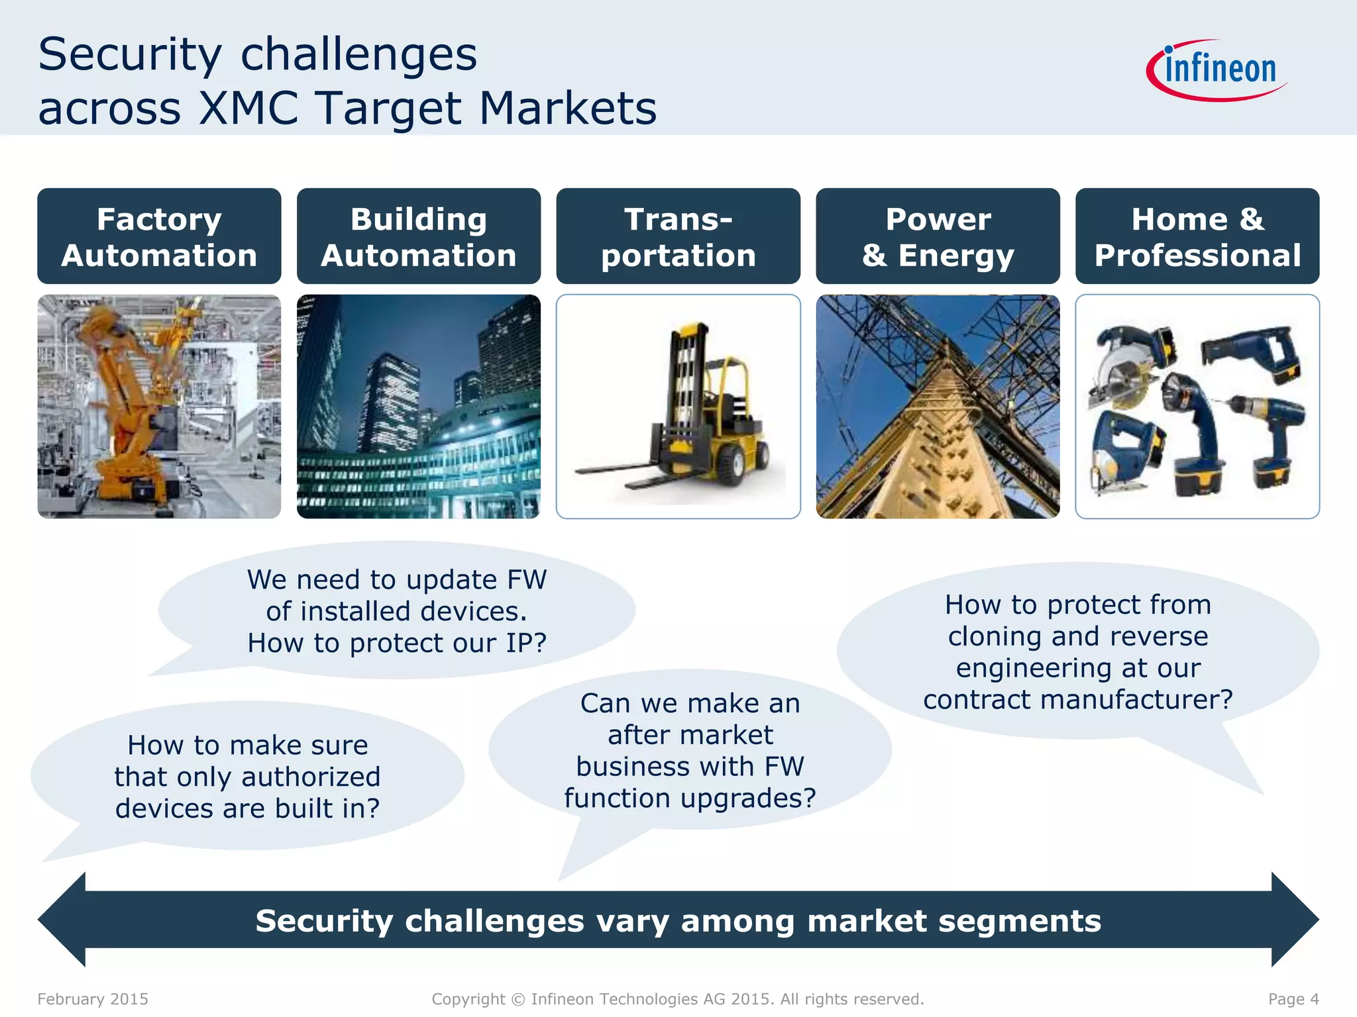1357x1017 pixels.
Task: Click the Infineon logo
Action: click(x=1217, y=70)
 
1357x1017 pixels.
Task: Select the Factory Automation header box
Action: click(x=159, y=236)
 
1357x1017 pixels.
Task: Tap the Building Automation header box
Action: click(x=419, y=236)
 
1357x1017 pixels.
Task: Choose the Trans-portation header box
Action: click(x=678, y=236)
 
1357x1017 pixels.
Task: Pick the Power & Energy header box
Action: click(x=938, y=236)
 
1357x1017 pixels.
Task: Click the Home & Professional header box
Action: click(x=1197, y=236)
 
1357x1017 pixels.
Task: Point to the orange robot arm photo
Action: click(x=159, y=407)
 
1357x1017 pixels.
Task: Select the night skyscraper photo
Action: click(x=419, y=407)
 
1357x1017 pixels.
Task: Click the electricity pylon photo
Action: click(x=938, y=407)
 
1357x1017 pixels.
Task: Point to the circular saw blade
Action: click(x=1120, y=377)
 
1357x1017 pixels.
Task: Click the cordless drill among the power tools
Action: click(x=1272, y=430)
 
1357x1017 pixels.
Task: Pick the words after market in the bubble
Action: click(x=690, y=735)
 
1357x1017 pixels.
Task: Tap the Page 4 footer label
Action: click(x=1293, y=999)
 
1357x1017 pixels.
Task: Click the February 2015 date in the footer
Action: click(x=93, y=999)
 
